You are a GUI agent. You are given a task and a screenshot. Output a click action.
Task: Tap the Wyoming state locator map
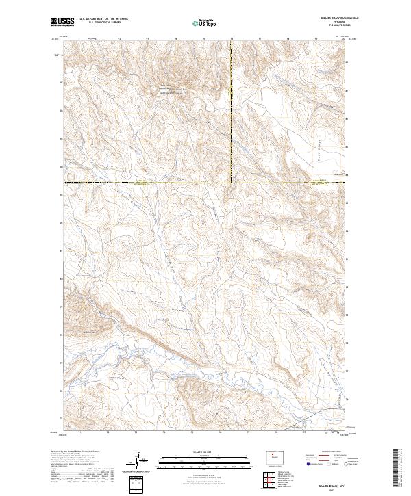[268, 455]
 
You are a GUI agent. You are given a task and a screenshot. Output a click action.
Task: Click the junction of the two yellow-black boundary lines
[231, 182]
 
